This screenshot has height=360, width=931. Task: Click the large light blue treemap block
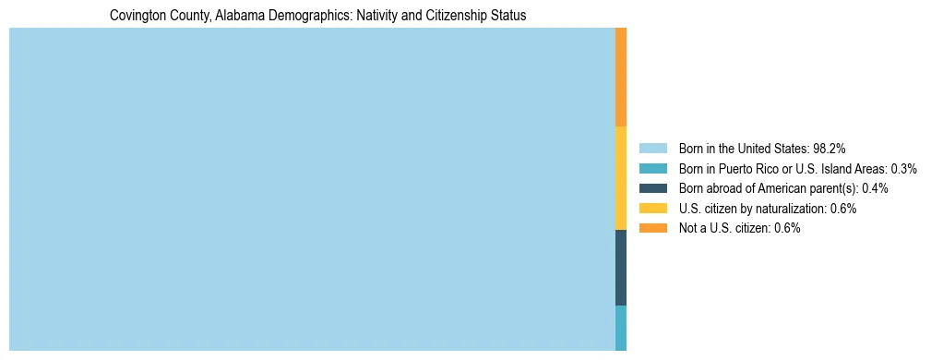coord(312,189)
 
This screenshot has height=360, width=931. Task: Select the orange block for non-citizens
coord(621,78)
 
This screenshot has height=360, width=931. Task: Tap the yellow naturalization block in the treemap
coord(621,178)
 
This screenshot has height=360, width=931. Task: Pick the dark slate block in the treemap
coord(621,268)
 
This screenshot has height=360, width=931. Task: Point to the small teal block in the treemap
coord(621,328)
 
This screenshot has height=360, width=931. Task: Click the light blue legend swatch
coord(652,148)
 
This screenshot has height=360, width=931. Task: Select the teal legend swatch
coord(652,168)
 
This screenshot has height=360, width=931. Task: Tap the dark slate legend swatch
coord(652,188)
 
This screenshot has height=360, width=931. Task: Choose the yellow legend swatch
coord(652,209)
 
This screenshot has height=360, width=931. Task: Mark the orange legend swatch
coord(652,228)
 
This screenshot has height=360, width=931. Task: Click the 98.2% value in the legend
coord(830,148)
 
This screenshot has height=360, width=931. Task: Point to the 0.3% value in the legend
coord(903,168)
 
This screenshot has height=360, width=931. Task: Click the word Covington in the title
coord(135,16)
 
